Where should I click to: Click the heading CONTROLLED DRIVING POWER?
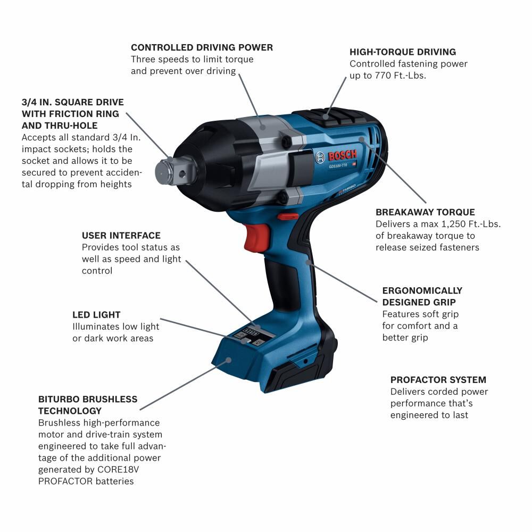[202, 47]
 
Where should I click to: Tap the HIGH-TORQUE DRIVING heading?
[403, 52]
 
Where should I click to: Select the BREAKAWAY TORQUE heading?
[425, 212]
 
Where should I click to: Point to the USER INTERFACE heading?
[121, 236]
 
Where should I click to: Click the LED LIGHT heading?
[96, 315]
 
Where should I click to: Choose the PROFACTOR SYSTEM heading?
[438, 380]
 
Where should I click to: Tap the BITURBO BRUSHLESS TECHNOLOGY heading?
[88, 405]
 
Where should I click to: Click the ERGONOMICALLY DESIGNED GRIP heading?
[422, 296]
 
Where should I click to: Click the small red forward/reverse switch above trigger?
[288, 217]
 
